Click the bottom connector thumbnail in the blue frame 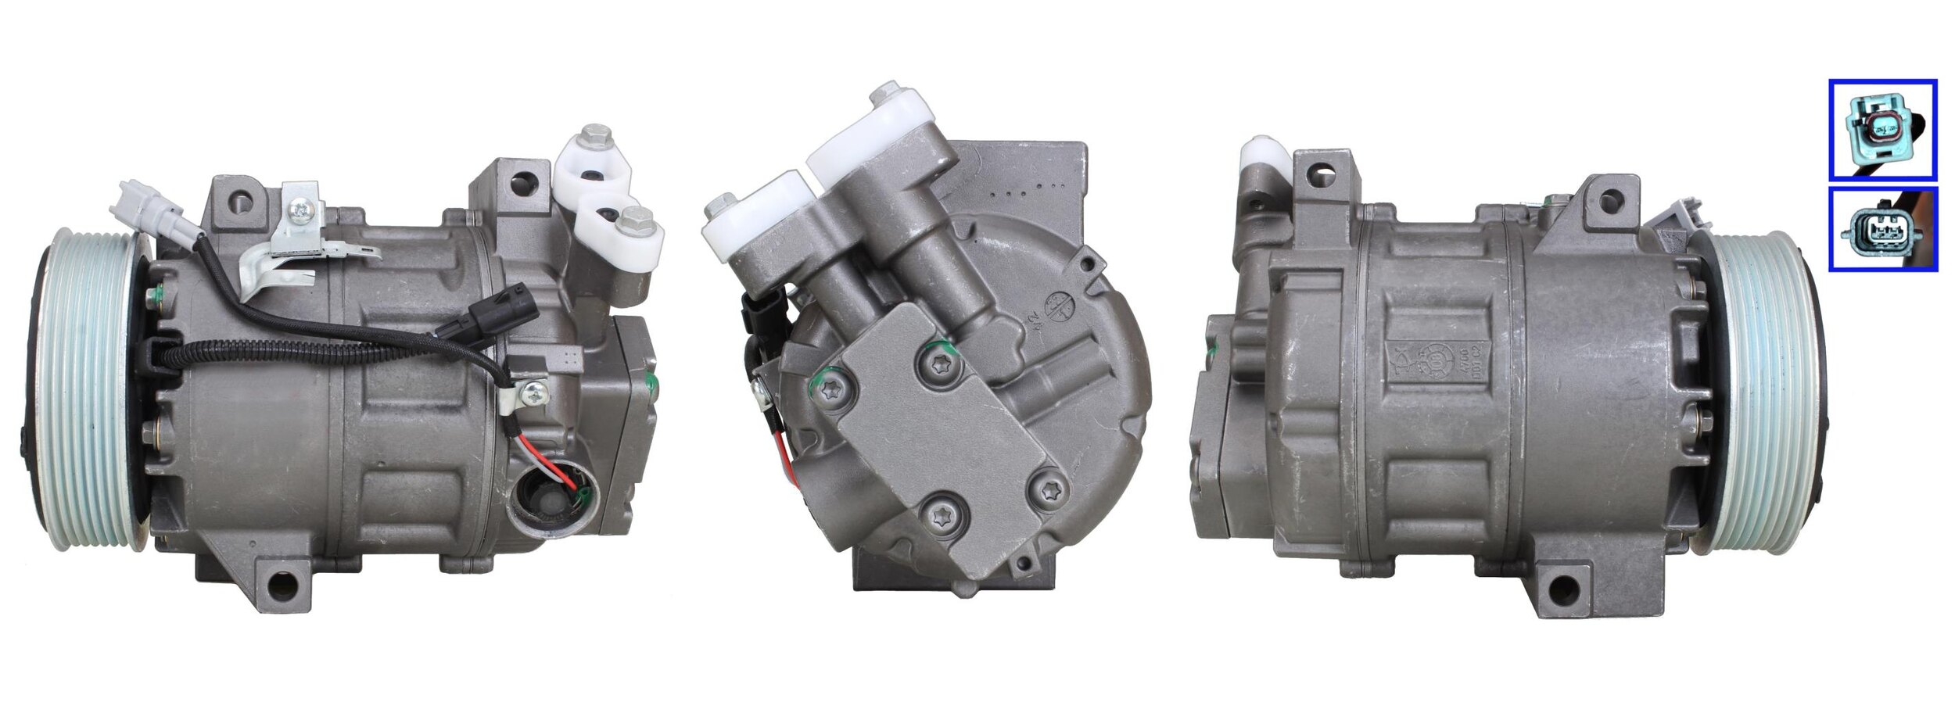[1881, 229]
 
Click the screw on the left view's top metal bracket [300, 210]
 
